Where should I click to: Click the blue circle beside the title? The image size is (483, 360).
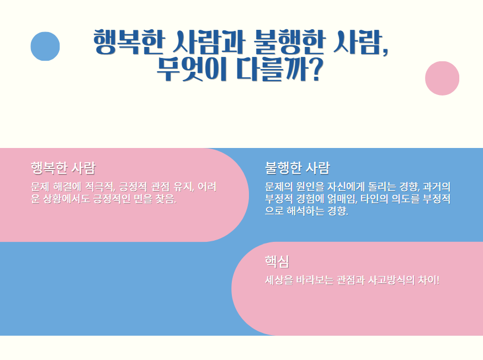pyautogui.click(x=45, y=46)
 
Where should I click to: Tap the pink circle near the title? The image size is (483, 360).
pyautogui.click(x=442, y=78)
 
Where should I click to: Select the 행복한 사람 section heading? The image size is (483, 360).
pyautogui.click(x=63, y=168)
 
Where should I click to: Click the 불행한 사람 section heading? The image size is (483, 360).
pyautogui.click(x=297, y=168)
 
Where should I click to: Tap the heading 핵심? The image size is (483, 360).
pyautogui.click(x=277, y=261)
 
